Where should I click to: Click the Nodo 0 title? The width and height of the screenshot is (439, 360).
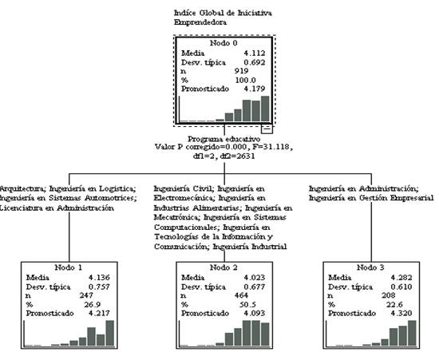223,43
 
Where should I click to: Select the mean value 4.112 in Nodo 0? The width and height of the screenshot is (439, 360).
254,53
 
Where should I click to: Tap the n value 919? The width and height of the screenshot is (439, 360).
241,71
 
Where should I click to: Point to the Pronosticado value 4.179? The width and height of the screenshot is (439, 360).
254,89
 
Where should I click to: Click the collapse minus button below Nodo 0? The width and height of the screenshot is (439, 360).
267,129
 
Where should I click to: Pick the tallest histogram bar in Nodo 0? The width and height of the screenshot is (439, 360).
265,109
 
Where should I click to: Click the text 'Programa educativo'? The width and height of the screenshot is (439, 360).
224,139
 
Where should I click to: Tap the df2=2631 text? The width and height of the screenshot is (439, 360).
237,156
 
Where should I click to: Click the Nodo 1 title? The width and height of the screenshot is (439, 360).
69,267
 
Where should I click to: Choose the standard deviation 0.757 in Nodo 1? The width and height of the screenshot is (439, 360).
99,287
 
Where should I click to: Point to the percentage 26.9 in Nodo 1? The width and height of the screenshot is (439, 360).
93,305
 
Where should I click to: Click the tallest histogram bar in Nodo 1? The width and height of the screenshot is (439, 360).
110,333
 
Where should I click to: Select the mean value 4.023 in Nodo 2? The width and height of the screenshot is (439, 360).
254,278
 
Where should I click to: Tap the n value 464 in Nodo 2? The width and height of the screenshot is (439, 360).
241,295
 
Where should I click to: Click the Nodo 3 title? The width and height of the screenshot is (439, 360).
370,267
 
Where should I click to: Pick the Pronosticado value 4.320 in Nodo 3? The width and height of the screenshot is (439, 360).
401,313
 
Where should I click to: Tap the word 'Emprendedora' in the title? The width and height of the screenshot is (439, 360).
200,22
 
